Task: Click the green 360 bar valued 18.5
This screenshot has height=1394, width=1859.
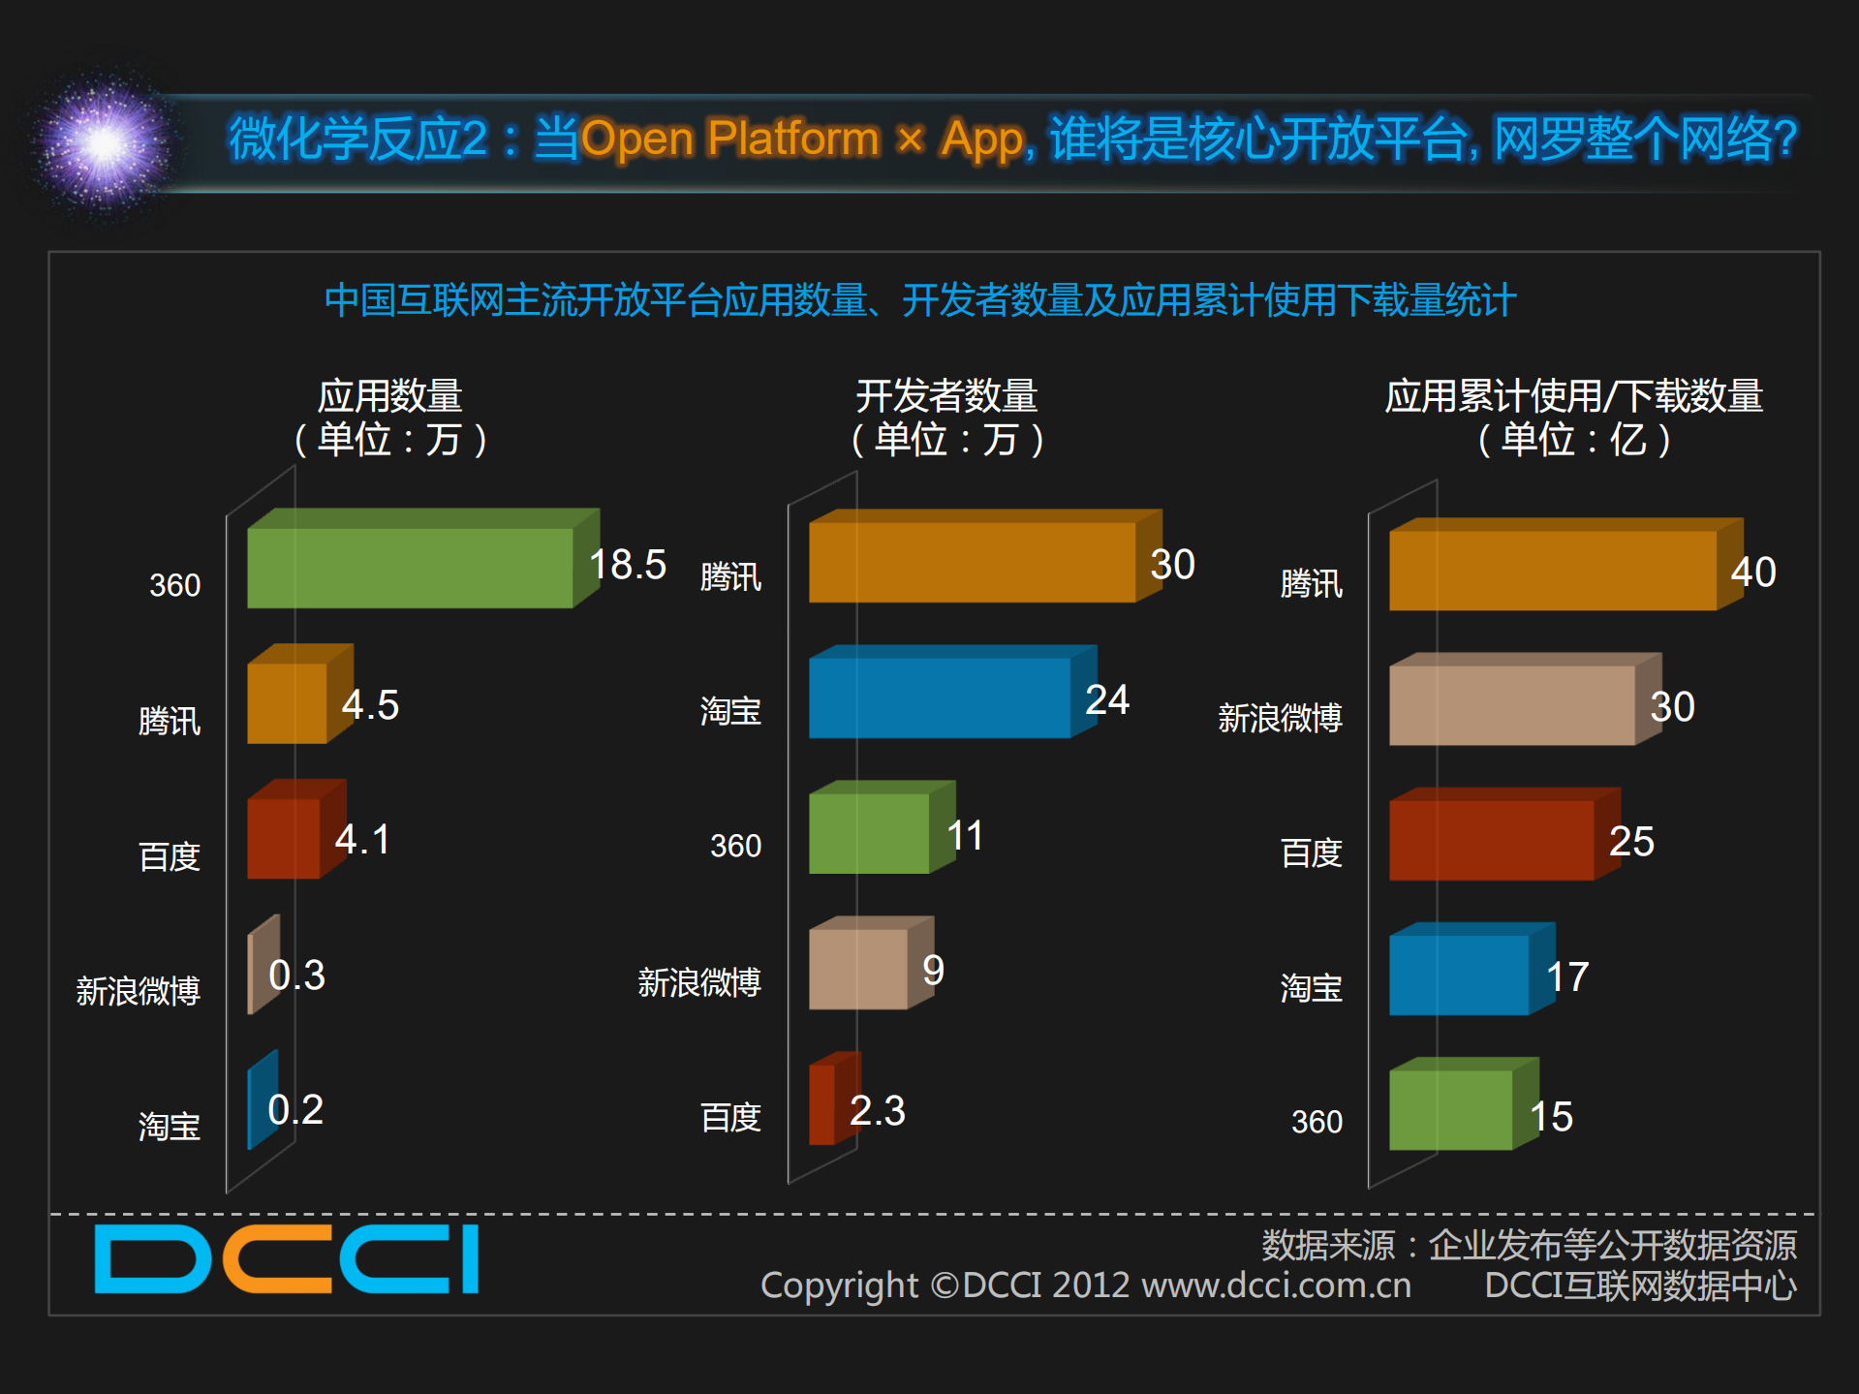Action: click(x=411, y=567)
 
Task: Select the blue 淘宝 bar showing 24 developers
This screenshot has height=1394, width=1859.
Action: click(x=940, y=697)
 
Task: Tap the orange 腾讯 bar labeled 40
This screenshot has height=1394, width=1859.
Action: click(x=1552, y=570)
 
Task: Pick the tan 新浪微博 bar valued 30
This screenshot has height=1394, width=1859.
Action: click(x=1511, y=704)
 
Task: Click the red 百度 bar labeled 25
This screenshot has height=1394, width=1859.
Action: click(x=1491, y=839)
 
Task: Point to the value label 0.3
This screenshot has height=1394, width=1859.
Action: click(x=296, y=975)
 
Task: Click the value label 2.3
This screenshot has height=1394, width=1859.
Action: click(x=877, y=1110)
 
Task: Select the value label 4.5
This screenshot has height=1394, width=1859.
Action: click(x=370, y=704)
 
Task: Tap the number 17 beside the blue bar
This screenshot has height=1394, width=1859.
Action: click(x=1567, y=976)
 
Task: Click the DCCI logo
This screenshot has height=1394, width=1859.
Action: click(x=287, y=1259)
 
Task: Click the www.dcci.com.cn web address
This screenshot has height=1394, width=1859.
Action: click(x=1276, y=1286)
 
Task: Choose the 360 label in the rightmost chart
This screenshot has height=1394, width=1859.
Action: click(x=1317, y=1122)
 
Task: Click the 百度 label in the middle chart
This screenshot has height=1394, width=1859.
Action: click(x=730, y=1117)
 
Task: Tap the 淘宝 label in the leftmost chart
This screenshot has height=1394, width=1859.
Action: click(x=169, y=1126)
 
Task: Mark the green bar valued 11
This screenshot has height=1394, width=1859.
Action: click(x=869, y=833)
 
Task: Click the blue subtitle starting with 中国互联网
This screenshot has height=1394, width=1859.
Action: click(x=919, y=300)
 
